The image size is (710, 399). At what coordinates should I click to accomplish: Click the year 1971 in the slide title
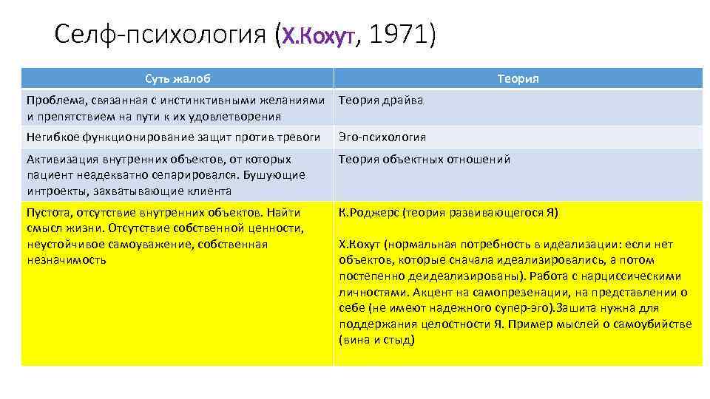click(398, 34)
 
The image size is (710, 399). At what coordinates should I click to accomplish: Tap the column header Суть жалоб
click(177, 78)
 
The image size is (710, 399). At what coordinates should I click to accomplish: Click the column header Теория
click(518, 78)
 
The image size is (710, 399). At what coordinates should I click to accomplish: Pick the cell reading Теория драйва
click(381, 100)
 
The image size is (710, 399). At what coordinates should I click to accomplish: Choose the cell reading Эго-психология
click(382, 137)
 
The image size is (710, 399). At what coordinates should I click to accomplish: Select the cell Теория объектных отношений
click(425, 160)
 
